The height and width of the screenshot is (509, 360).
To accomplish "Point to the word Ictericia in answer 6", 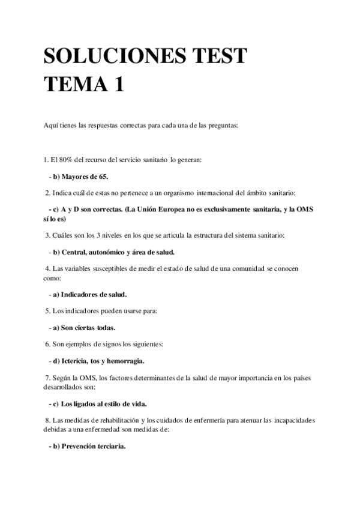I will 76,361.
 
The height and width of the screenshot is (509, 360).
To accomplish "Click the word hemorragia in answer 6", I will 125,361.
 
